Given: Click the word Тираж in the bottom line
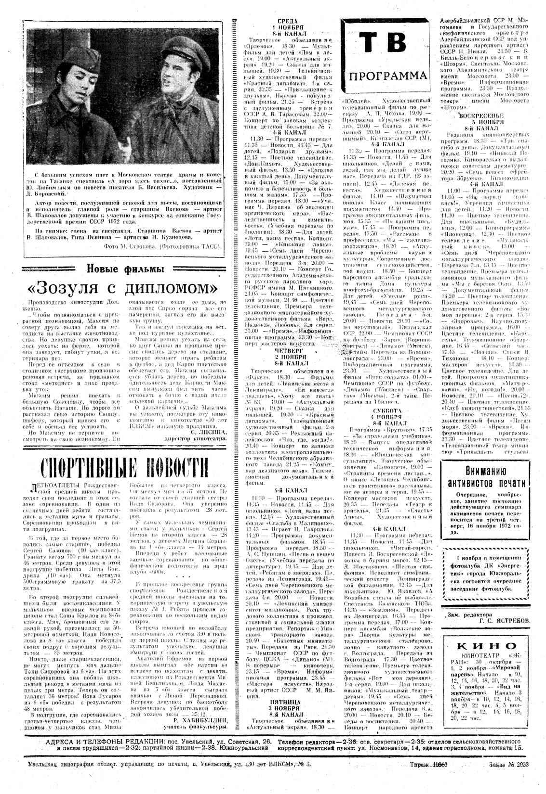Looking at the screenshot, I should pyautogui.click(x=418, y=764).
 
